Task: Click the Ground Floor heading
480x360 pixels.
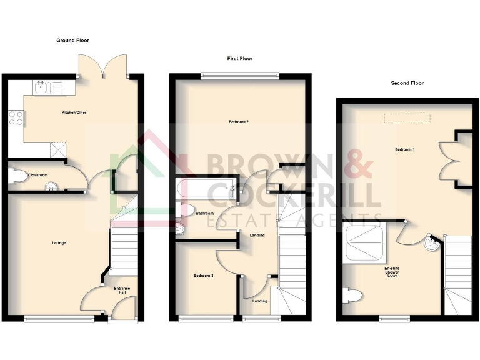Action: click(73, 41)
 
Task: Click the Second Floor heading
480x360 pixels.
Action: click(407, 83)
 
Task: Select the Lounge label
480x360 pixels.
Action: click(59, 242)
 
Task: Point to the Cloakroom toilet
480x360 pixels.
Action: click(17, 176)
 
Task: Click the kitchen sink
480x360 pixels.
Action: click(42, 87)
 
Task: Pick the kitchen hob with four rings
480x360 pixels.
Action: click(16, 117)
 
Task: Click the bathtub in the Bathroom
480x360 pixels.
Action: click(206, 187)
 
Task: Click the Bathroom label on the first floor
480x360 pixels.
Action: click(205, 214)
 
